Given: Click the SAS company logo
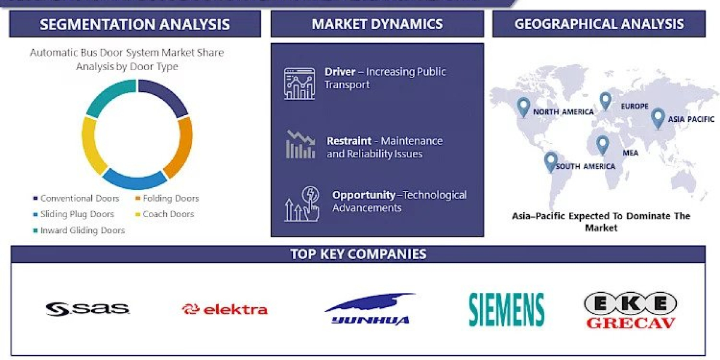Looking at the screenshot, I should (88, 309).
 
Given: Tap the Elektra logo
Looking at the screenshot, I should (225, 310).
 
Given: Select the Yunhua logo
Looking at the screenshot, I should (370, 310).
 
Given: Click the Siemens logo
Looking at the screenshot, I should (506, 310).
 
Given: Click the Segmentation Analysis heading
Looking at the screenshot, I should (135, 24).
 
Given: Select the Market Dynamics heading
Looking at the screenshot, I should (377, 24).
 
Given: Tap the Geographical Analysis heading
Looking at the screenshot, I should (599, 24).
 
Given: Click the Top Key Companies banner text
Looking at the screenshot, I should (358, 254).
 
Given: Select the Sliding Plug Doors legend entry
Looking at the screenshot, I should (77, 214).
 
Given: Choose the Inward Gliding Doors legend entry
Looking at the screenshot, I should (82, 230).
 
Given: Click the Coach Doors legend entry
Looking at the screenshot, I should (168, 214).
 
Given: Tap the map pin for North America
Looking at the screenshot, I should (523, 107).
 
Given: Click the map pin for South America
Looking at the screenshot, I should (550, 161).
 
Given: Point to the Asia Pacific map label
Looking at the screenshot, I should (691, 119).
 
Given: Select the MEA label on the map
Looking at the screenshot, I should (630, 153).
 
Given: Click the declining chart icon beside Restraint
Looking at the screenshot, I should (300, 145).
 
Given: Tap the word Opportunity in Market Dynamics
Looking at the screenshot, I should (364, 195).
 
